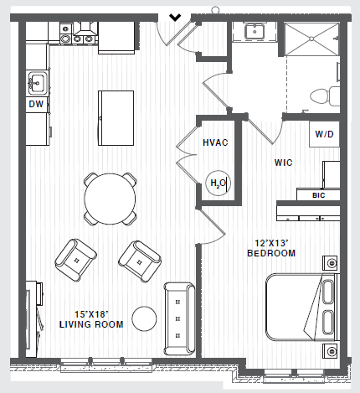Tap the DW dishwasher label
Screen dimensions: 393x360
[x=36, y=105]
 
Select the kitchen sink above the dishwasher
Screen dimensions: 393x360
[x=36, y=83]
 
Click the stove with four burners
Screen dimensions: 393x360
[x=83, y=35]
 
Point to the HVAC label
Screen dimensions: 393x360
[x=216, y=143]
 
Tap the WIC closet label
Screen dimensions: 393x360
[x=283, y=163]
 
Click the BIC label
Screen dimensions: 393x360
[x=318, y=195]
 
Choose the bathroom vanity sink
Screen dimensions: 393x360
[x=255, y=34]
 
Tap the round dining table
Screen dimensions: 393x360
[x=110, y=199]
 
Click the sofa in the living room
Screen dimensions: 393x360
[x=178, y=318]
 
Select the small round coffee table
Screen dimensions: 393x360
[x=146, y=318]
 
